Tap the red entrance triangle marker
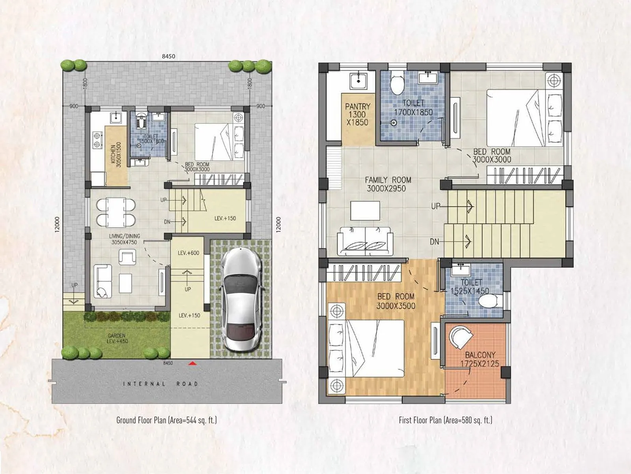point(192,363)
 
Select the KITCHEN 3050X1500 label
point(116,155)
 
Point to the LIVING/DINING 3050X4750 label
point(124,239)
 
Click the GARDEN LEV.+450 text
point(118,339)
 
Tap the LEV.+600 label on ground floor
point(189,253)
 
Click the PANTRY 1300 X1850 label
point(357,115)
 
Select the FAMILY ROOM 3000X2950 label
point(388,184)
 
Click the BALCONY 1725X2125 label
point(480,359)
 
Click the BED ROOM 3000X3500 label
point(396,301)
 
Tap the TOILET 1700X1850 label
point(413,108)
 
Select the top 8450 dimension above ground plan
point(168,56)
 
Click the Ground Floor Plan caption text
point(166,420)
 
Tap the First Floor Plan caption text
point(445,420)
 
